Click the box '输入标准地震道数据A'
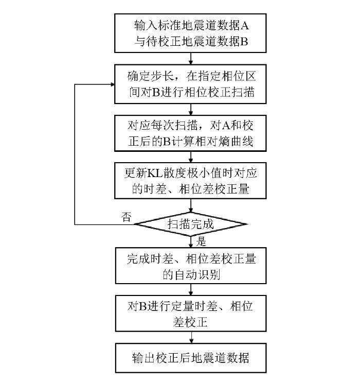tap(191, 32)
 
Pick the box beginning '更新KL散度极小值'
tap(191, 180)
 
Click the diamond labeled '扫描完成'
tap(191, 224)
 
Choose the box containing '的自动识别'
tap(191, 266)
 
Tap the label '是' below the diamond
tap(201, 241)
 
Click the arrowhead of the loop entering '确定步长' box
tap(112, 84)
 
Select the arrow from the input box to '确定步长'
tap(191, 58)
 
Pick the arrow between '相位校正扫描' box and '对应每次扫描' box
tap(191, 108)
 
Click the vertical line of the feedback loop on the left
tap(76, 154)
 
